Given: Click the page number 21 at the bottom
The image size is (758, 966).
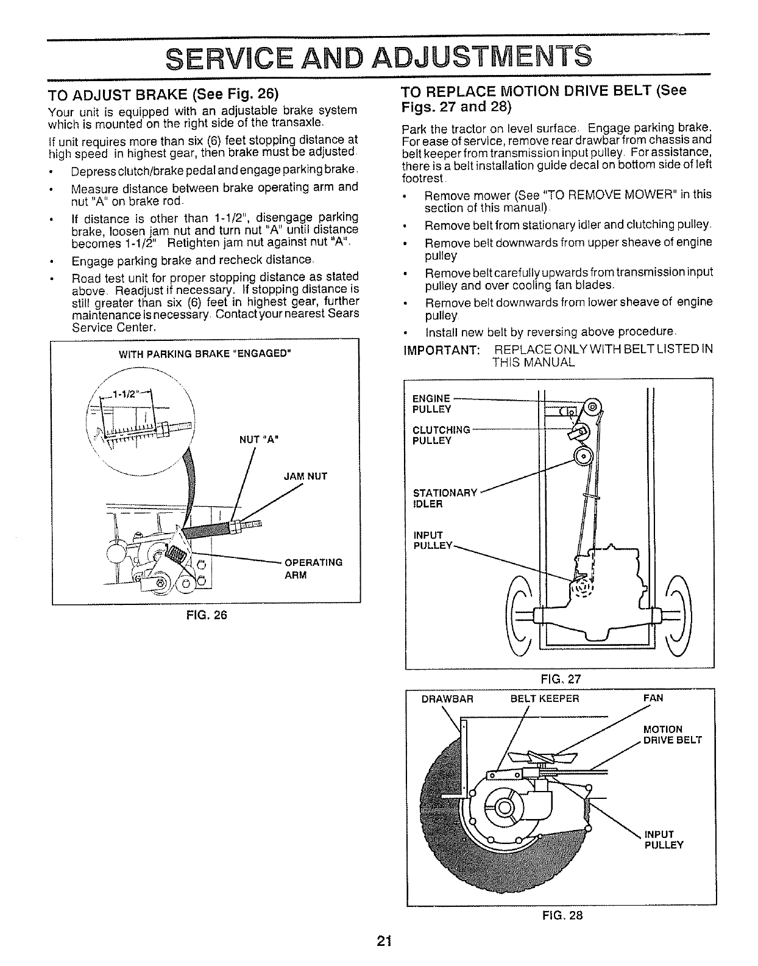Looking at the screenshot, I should point(383,941).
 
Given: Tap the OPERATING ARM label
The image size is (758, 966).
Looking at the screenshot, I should point(313,568).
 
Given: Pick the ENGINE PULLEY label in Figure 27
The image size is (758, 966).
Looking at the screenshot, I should point(431,403).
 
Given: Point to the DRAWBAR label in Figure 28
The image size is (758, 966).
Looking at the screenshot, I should point(447,698).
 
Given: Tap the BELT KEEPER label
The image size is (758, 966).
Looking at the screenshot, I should point(544,698).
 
